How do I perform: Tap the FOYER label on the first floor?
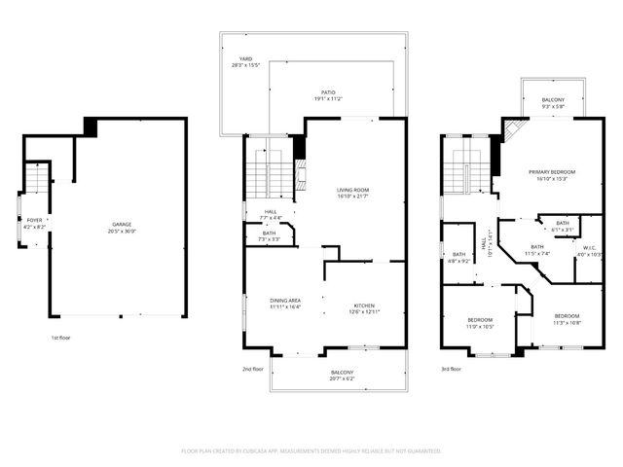click(34, 221)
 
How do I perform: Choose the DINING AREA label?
click(285, 301)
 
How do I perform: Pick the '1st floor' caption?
click(61, 338)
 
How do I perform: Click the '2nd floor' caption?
click(253, 369)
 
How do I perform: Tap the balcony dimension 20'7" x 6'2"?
click(341, 379)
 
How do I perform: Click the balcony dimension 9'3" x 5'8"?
click(553, 106)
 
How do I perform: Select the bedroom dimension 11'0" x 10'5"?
click(480, 326)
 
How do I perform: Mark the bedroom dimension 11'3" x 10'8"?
click(568, 322)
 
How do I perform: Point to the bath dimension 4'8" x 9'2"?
click(458, 261)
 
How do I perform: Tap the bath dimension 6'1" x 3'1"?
click(563, 230)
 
